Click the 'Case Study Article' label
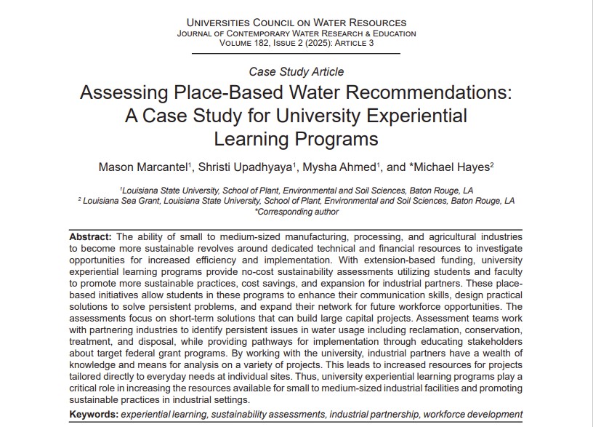296,72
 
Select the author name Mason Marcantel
142,167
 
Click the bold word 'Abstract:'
91,237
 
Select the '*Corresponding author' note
296,212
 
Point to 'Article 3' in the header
351,43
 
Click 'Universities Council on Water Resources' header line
296,23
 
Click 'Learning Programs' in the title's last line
296,137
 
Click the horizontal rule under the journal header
296,54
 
